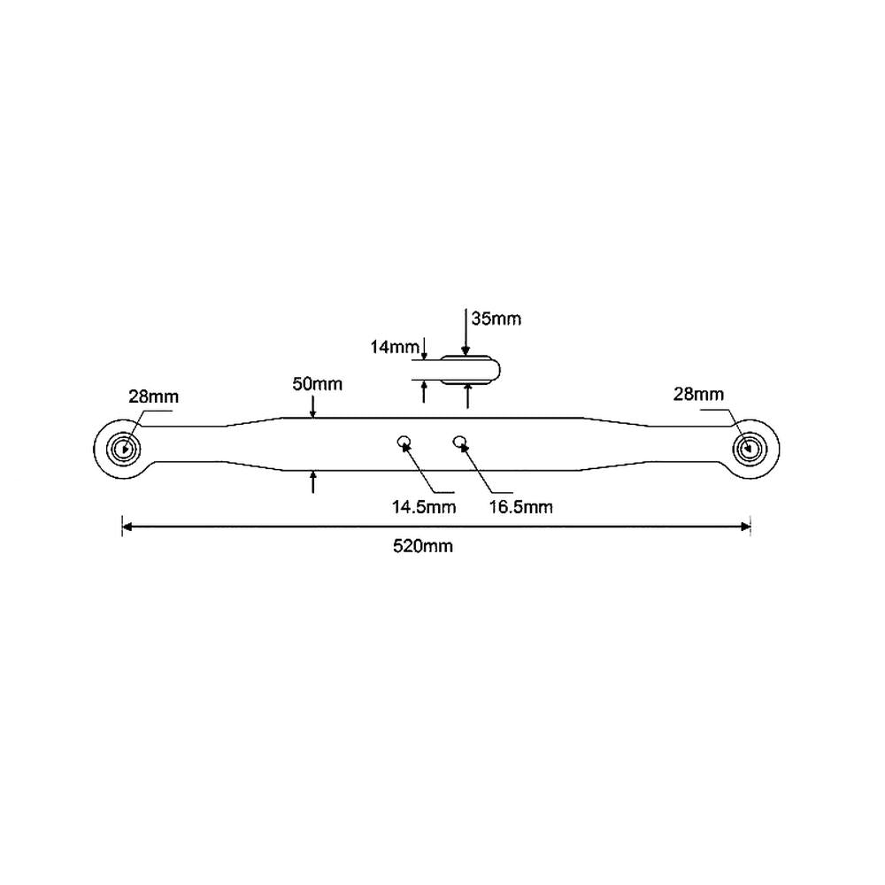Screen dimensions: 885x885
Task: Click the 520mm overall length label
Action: coord(423,546)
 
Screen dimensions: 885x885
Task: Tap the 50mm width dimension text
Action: coord(317,384)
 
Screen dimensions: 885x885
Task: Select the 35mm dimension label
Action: coord(496,319)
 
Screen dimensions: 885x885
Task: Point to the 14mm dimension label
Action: coord(395,347)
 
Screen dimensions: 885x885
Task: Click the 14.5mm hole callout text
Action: coord(424,507)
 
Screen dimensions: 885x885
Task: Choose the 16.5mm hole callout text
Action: coord(521,507)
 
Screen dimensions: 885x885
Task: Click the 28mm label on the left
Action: coord(153,396)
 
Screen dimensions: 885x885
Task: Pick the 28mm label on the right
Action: coord(698,394)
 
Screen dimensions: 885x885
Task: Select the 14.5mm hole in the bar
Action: coord(404,442)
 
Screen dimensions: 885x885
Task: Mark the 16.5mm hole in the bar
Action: coord(460,442)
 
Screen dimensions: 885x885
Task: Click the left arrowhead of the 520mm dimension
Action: coord(127,527)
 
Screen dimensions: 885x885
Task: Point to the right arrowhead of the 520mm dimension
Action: coord(745,527)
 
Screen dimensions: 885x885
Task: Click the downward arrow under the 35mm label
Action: coord(466,332)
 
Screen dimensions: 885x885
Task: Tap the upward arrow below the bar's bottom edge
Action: coord(313,482)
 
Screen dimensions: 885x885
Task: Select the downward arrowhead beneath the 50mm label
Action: coord(313,412)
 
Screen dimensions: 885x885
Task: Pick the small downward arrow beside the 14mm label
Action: coord(424,349)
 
